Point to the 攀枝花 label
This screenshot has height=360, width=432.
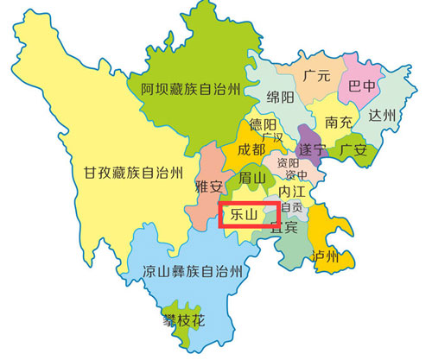pos(186,319)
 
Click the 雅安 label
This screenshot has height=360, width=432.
pos(211,185)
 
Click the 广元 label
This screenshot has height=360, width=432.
pos(318,75)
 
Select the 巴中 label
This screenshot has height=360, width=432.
pos(363,86)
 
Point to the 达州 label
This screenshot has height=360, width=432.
pos(381,115)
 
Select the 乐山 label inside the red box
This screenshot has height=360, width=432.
pos(240,212)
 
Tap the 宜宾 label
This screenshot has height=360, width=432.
pos(284,228)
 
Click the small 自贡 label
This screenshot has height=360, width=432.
pos(292,207)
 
